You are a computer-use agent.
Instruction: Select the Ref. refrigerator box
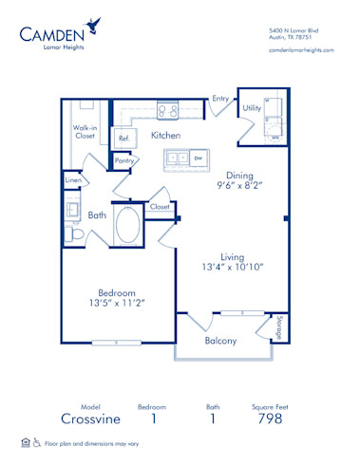pos(123,139)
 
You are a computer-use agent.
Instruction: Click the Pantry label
pos(124,161)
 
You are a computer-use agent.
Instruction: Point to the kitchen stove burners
pos(167,110)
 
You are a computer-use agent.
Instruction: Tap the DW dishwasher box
pos(198,158)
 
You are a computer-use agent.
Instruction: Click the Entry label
pos(220,98)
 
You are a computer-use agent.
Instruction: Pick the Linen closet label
pos(73,178)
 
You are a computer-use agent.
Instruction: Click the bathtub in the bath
pos(127,227)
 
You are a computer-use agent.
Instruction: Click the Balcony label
pos(220,341)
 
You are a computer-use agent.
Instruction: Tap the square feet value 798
pos(271,418)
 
